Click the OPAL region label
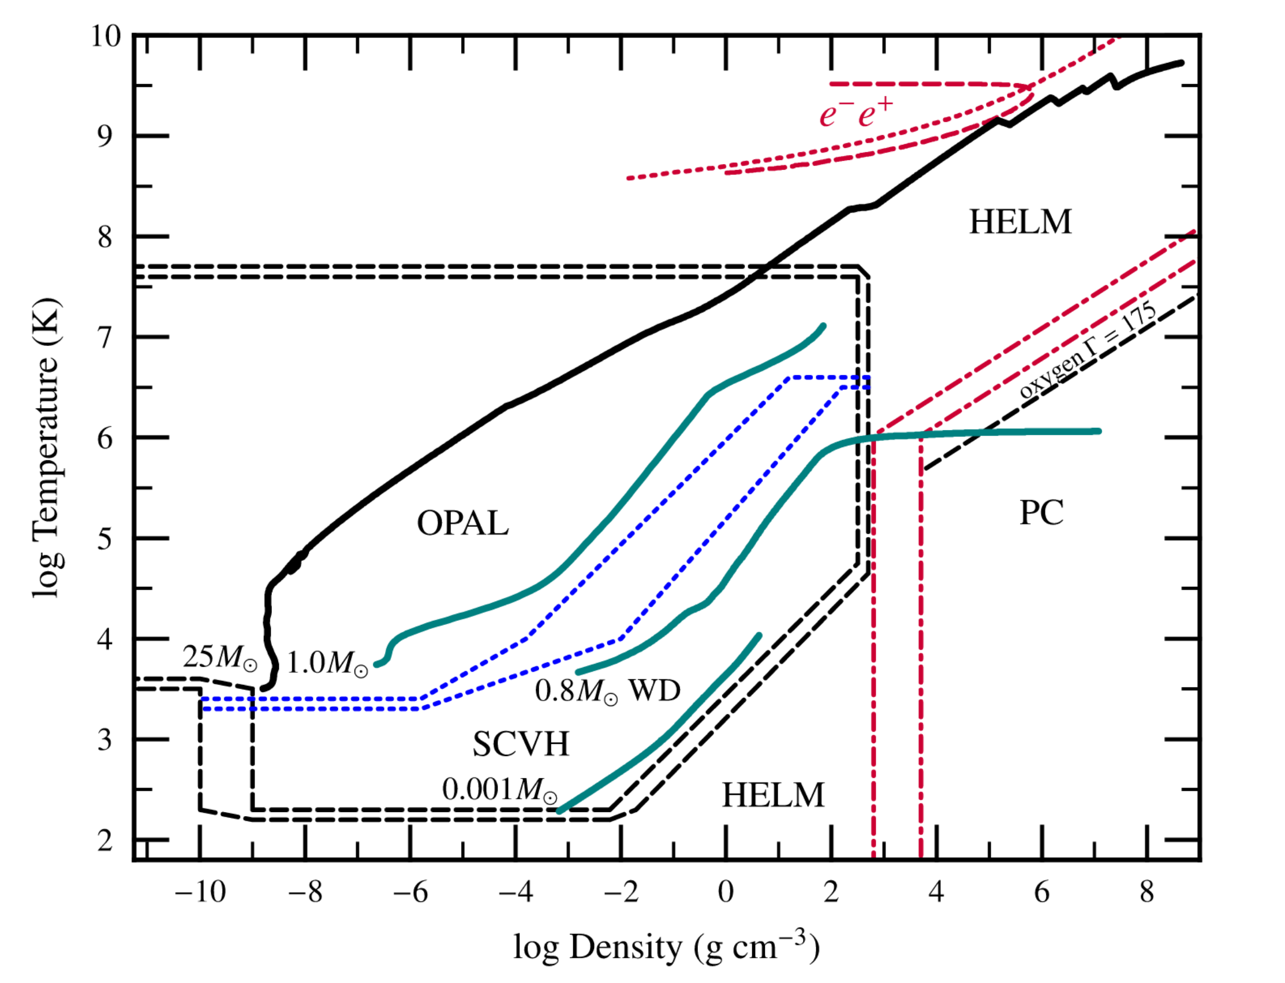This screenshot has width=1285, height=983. coord(462,523)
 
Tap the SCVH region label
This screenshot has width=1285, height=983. coord(521,744)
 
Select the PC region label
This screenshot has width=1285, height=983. coord(1041,513)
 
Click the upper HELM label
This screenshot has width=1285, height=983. coord(1020,222)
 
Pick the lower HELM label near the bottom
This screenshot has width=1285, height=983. coord(772,795)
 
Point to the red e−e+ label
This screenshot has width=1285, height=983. coord(856,113)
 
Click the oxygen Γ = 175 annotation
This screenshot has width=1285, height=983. coord(1088,351)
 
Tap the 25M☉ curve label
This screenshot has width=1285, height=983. coord(219,658)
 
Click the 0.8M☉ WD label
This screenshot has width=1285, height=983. coord(608,691)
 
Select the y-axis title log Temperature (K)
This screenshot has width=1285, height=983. coord(47,448)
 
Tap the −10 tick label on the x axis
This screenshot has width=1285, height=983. coord(200,892)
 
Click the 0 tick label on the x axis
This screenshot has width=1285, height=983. coord(725,892)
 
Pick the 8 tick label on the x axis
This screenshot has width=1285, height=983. coord(1146,892)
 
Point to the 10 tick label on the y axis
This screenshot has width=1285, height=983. coord(105,36)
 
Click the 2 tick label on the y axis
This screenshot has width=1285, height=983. coord(105,841)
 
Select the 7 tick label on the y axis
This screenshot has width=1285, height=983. coord(105,338)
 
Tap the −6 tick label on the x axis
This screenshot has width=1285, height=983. coord(410,892)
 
